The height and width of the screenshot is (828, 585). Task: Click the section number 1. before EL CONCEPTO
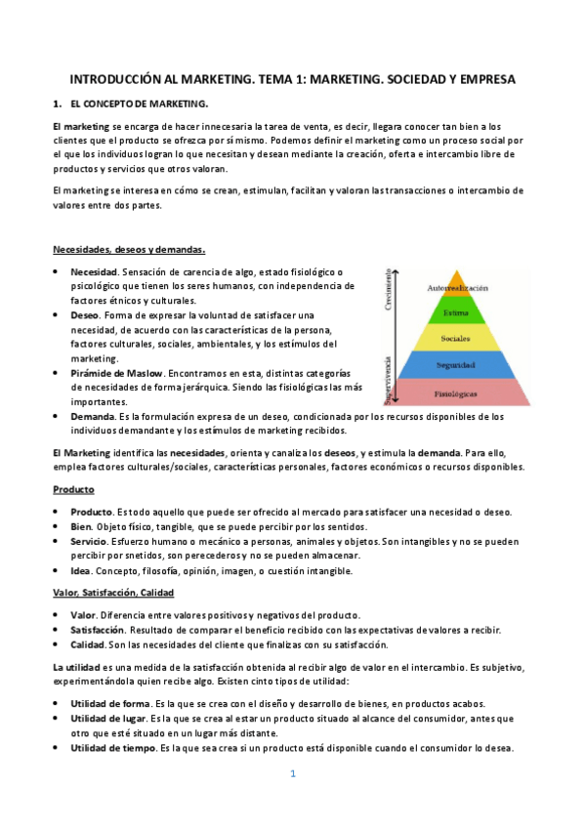58,103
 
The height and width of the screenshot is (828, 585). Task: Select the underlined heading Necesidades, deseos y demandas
128,249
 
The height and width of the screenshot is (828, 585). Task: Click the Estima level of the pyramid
455,312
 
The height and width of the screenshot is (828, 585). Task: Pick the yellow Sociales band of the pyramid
456,339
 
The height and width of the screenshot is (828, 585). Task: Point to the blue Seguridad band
456,364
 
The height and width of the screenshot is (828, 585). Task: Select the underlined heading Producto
73,489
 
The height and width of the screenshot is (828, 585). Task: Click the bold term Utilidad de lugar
108,719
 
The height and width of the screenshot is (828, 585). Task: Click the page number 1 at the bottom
292,774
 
